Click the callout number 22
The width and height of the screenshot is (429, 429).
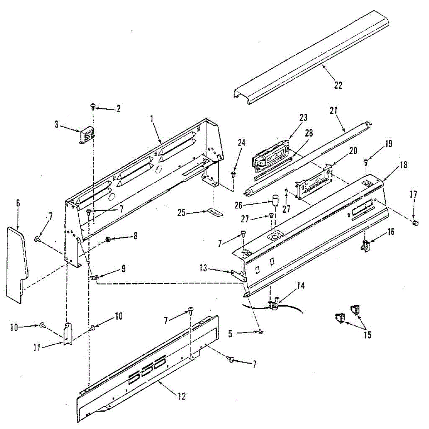(338, 85)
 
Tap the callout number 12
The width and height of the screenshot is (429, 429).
(182, 396)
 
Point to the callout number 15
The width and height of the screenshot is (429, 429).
(367, 335)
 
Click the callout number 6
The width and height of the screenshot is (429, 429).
(18, 203)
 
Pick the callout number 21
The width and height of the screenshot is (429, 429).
(334, 111)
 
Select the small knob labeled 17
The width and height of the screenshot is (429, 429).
(415, 223)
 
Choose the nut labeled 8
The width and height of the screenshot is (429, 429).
(107, 239)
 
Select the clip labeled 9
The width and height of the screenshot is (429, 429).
(94, 277)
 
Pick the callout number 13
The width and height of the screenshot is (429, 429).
(203, 268)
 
